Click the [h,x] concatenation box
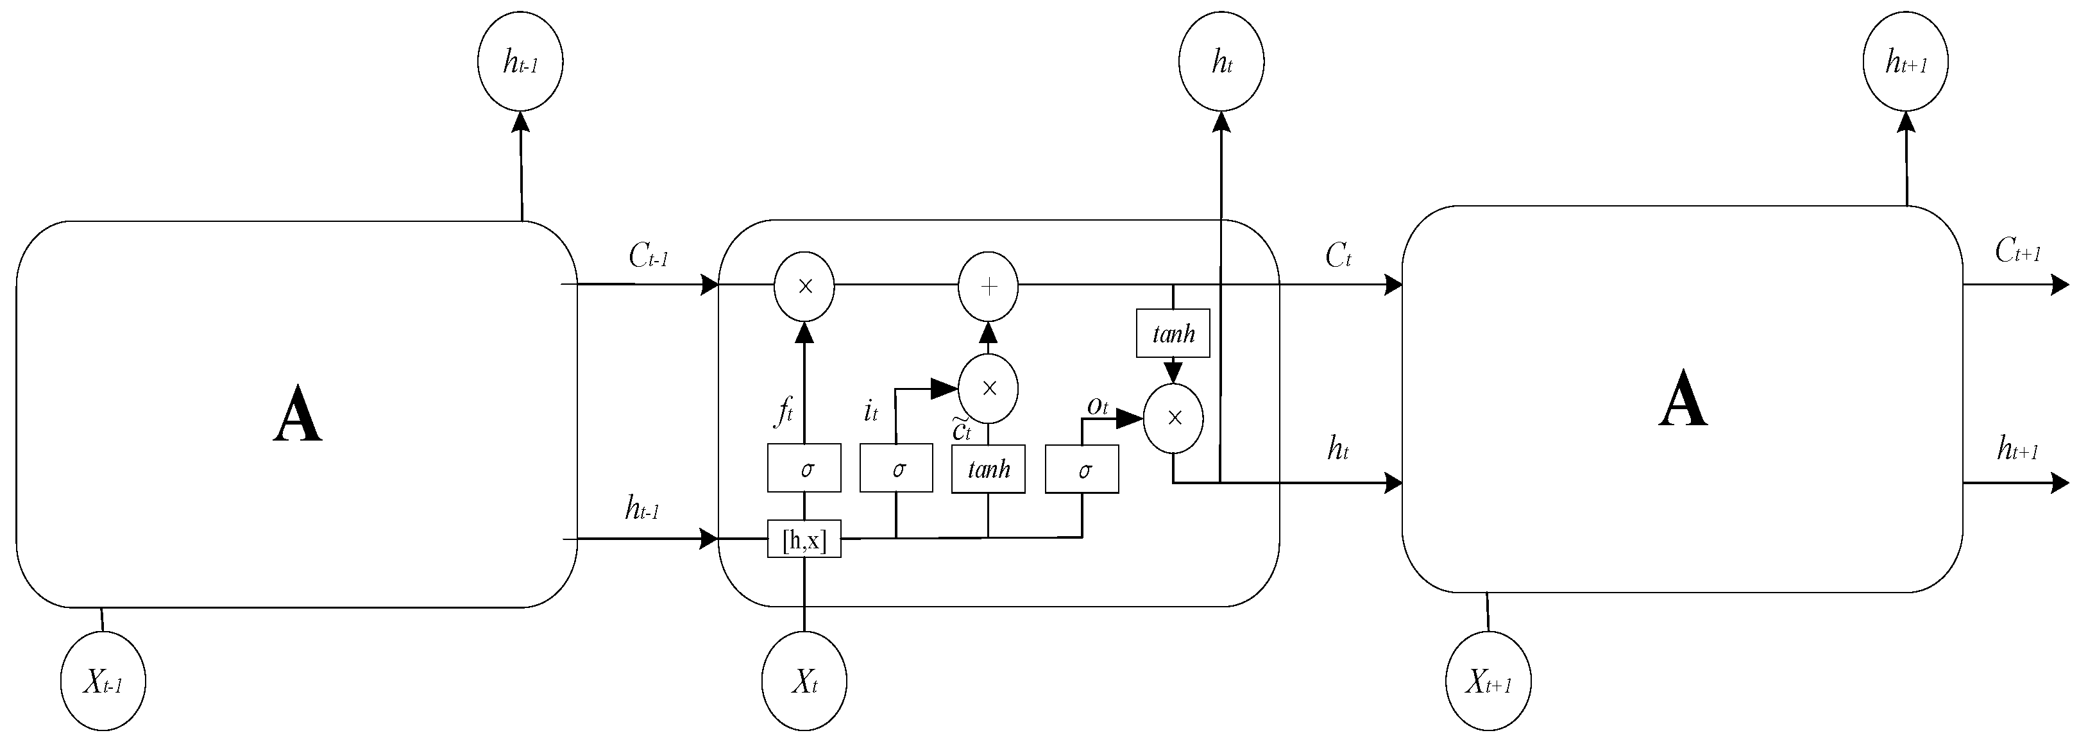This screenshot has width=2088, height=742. point(804,539)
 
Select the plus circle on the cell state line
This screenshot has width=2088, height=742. point(988,287)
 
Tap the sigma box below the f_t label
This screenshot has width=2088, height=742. point(804,468)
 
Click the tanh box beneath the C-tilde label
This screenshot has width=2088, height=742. point(988,468)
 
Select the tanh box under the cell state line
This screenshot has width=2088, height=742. point(1173,333)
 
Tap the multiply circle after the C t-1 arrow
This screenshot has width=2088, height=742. point(804,287)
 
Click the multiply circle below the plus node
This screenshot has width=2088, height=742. point(988,388)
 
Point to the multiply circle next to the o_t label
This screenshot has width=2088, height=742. point(1173,418)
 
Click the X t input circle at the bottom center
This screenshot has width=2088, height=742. point(804,681)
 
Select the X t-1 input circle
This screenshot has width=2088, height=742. point(103,681)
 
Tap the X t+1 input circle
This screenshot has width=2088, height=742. point(1488,681)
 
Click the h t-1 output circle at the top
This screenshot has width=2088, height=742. point(520,62)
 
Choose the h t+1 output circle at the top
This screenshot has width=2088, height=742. point(1906,62)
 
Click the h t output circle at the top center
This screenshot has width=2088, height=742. point(1221,62)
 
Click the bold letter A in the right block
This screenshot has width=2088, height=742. point(1683,400)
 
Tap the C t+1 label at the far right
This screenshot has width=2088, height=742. point(2017,252)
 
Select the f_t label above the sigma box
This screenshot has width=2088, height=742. point(783,412)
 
